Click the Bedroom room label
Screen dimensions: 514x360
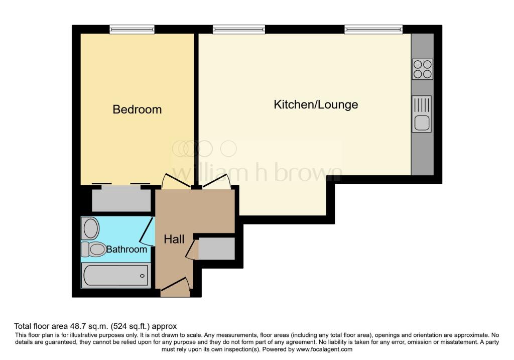click(137, 109)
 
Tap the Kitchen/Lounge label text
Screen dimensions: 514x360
click(316, 104)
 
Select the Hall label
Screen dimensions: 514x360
click(174, 239)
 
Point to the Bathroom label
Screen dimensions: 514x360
click(126, 250)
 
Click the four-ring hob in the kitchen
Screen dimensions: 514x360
click(422, 69)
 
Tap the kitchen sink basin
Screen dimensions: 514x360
click(422, 123)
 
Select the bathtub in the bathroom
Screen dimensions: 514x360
click(116, 276)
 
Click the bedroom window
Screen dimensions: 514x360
click(132, 30)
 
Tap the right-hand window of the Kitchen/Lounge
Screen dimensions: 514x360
click(373, 30)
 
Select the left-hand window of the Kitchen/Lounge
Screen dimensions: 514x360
click(238, 30)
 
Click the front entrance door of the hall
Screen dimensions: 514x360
click(175, 285)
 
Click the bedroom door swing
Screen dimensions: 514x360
click(176, 181)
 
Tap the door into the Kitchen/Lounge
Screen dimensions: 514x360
click(216, 181)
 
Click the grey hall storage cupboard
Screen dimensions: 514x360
click(217, 249)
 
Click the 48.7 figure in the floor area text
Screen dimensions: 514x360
click(77, 326)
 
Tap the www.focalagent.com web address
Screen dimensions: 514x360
click(324, 349)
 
